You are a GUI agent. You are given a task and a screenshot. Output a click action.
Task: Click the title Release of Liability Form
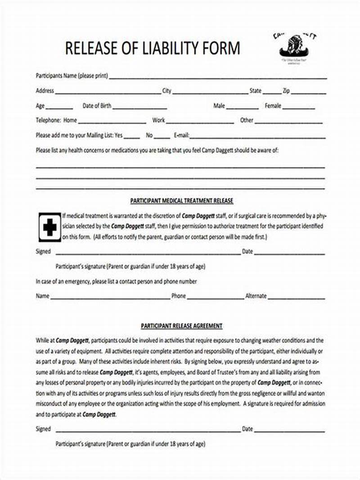tap(153, 48)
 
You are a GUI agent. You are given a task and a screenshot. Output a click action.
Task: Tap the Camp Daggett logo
tap(295, 47)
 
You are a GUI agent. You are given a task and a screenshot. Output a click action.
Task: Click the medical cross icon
tap(49, 226)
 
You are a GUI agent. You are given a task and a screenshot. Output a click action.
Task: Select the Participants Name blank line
tap(218, 77)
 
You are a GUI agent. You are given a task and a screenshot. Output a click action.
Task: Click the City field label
tap(167, 91)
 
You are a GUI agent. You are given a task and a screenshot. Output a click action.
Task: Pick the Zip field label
tap(286, 91)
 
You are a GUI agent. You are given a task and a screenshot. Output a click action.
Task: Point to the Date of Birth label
tap(97, 106)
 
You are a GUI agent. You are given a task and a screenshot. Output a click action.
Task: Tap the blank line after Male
tap(243, 108)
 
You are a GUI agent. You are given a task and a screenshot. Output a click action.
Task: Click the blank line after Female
tap(299, 108)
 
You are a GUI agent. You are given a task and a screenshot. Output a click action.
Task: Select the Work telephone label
tap(158, 121)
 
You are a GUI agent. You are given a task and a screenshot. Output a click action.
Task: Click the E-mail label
tap(181, 135)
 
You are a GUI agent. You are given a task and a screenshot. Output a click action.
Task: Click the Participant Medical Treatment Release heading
tap(181, 200)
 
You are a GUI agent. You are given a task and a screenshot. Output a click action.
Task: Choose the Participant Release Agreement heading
tap(181, 326)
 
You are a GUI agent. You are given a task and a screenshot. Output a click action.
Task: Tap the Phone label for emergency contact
tap(178, 296)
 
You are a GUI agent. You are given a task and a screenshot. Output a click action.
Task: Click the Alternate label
tap(256, 296)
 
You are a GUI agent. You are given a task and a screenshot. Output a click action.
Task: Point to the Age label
tap(40, 106)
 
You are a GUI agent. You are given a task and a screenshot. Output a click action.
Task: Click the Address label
tap(45, 91)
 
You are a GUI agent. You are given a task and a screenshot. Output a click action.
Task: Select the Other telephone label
tap(247, 121)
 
